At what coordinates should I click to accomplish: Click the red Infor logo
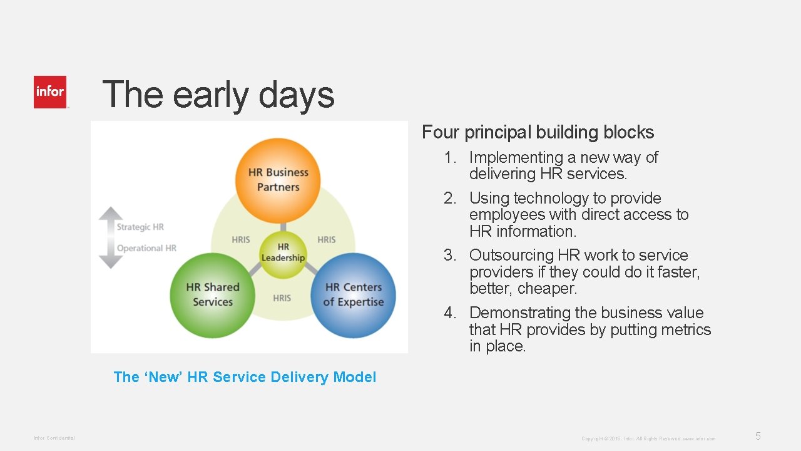click(x=50, y=92)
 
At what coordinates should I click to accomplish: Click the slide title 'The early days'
click(x=218, y=95)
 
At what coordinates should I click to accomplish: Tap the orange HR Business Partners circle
click(x=278, y=180)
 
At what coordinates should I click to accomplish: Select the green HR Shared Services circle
click(x=212, y=294)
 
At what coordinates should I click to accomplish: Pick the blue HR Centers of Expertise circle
click(x=354, y=294)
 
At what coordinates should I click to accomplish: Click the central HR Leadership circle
click(x=283, y=252)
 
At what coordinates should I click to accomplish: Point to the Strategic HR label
click(x=140, y=227)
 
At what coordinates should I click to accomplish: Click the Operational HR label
click(x=146, y=248)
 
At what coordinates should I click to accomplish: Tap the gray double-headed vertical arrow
click(x=111, y=237)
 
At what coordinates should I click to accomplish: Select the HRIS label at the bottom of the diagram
click(x=282, y=298)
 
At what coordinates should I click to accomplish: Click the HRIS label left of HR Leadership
click(x=241, y=239)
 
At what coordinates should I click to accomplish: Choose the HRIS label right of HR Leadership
click(x=326, y=239)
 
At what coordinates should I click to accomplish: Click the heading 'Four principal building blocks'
click(x=538, y=132)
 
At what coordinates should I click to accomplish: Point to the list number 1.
click(x=450, y=158)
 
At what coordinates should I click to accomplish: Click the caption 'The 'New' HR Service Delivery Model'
click(x=245, y=377)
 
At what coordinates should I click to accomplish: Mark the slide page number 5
click(x=758, y=437)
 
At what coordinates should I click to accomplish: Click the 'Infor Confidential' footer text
click(x=54, y=438)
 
